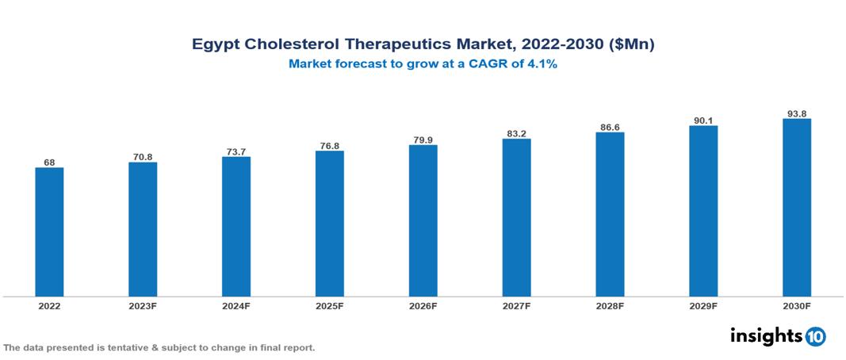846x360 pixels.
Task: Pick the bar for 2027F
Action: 516,217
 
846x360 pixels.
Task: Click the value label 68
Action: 49,162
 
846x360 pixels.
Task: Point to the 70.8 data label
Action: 143,157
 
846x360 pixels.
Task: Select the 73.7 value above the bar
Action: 236,151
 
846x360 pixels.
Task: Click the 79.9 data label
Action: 423,140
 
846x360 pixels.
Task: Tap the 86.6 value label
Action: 610,127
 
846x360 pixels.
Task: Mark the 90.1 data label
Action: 703,121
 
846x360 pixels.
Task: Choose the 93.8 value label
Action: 796,113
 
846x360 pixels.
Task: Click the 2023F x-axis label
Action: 143,305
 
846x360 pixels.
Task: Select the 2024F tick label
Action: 236,305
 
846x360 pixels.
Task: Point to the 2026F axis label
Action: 423,305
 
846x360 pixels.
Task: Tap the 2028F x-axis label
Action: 610,305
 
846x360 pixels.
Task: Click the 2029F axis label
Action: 703,305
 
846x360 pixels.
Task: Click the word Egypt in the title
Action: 217,45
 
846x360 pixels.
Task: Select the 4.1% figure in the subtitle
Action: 541,64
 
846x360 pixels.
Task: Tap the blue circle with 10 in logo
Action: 815,336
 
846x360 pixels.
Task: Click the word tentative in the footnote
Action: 118,347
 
